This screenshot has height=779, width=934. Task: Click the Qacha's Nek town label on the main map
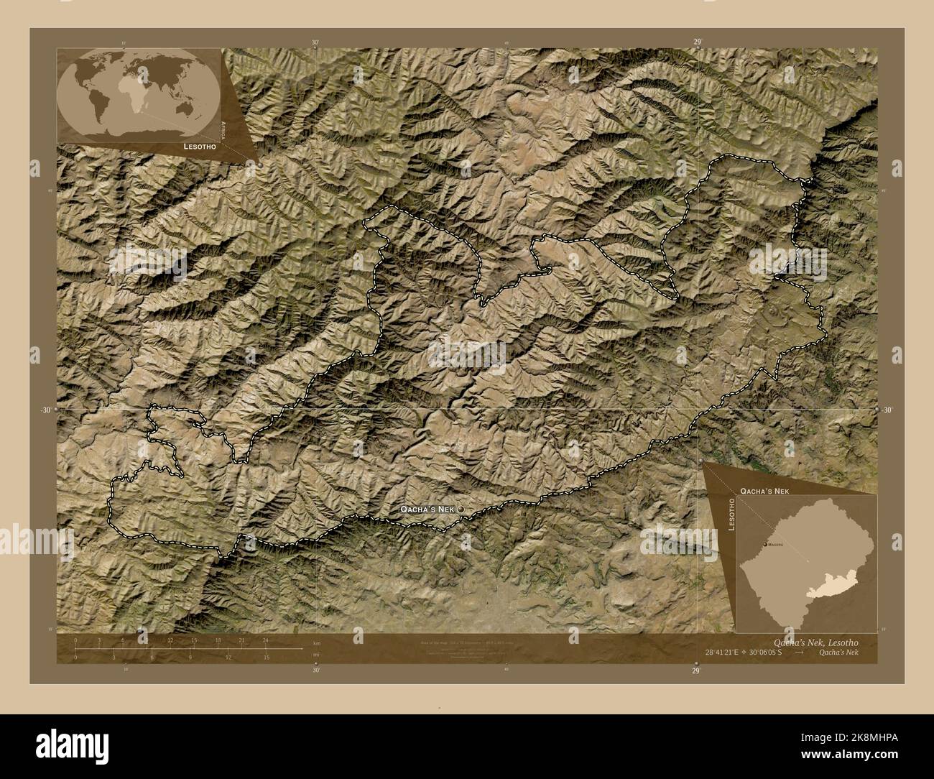[427, 509]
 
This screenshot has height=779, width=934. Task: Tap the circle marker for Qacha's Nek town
[461, 509]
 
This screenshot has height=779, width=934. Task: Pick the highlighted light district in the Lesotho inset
[833, 590]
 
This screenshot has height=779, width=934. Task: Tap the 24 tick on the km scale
[265, 640]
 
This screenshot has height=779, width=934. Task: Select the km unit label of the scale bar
[316, 642]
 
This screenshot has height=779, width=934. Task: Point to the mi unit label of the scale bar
[316, 654]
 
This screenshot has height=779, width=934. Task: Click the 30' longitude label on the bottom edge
[316, 670]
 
